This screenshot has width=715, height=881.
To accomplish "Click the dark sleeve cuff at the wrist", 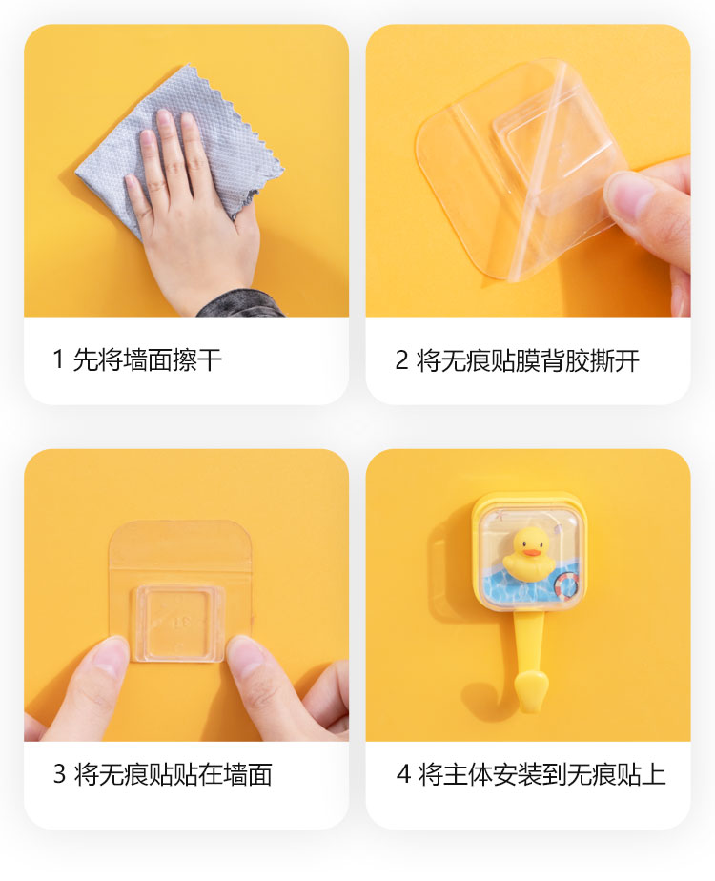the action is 241,304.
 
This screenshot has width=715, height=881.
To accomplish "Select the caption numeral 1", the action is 58,359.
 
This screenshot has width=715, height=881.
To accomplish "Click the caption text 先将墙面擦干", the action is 148,359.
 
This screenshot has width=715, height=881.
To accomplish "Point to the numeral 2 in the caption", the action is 401,360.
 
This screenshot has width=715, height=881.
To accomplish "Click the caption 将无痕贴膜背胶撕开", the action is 527,360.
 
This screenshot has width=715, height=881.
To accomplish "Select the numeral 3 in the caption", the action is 59,773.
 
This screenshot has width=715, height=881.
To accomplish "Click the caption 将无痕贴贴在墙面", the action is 173,773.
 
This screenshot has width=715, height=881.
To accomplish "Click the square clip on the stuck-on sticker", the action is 178,622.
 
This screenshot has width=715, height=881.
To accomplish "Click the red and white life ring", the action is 566,585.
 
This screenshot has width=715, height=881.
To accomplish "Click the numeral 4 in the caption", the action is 403,773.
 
